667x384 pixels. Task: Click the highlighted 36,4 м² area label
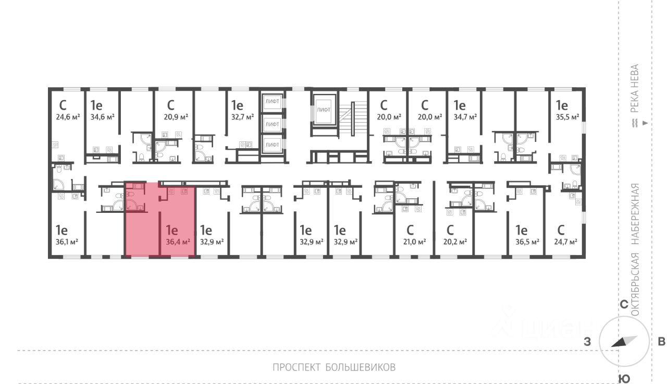click(177, 242)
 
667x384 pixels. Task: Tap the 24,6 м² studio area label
click(68, 117)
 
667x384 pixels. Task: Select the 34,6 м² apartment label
click(102, 117)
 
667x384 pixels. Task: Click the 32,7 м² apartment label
click(243, 117)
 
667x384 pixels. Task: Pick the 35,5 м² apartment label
click(567, 117)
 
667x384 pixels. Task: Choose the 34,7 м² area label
click(465, 117)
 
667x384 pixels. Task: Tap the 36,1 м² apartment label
click(67, 242)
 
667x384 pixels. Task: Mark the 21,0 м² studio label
click(414, 242)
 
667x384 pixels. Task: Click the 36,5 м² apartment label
click(527, 242)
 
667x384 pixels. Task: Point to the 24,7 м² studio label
click(565, 242)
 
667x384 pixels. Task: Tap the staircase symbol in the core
click(354, 118)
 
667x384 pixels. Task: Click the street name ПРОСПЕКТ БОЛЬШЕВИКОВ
click(334, 367)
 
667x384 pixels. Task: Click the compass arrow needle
click(624, 342)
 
